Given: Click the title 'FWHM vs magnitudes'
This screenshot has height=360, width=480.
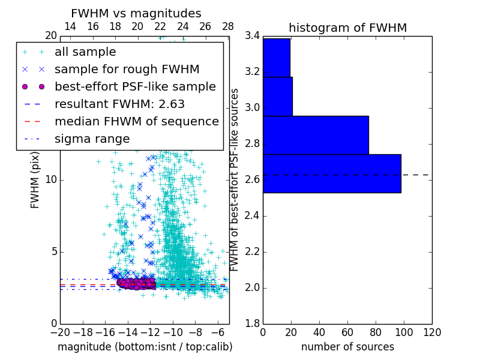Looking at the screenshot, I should pyautogui.click(x=136, y=14).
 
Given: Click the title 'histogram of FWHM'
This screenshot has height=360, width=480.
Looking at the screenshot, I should pyautogui.click(x=347, y=28).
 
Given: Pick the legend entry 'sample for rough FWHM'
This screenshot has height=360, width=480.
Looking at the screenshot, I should pyautogui.click(x=127, y=70).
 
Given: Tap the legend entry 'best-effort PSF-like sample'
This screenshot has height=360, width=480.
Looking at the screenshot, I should pyautogui.click(x=135, y=87).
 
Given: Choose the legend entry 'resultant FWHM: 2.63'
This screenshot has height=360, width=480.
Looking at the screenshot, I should pyautogui.click(x=119, y=104).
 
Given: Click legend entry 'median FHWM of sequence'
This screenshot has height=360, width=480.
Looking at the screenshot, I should pyautogui.click(x=136, y=122).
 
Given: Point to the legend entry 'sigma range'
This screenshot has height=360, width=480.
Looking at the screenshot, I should pyautogui.click(x=92, y=139).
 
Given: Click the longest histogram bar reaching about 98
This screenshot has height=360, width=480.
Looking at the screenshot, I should pyautogui.click(x=332, y=173).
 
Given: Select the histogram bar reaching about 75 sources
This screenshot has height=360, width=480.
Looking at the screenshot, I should pyautogui.click(x=316, y=135).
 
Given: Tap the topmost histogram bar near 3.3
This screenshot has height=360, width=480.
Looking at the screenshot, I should pyautogui.click(x=277, y=58).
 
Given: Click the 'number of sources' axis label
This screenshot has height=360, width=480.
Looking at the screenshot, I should pyautogui.click(x=347, y=347).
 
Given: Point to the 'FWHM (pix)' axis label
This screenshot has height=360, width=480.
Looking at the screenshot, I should pyautogui.click(x=35, y=179).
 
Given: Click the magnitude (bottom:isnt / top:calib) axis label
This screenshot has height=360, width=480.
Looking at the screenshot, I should pyautogui.click(x=145, y=347).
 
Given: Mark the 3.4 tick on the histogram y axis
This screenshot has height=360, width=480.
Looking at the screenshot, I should pyautogui.click(x=252, y=36).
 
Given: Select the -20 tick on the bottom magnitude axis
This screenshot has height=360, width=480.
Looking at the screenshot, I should pyautogui.click(x=60, y=332).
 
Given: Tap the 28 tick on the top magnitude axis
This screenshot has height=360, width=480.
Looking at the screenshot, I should pyautogui.click(x=228, y=27).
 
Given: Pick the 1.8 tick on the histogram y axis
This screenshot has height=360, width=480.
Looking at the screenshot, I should pyautogui.click(x=252, y=323).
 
